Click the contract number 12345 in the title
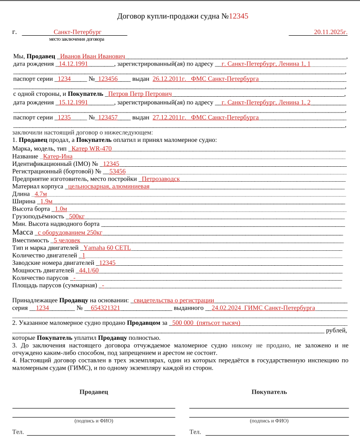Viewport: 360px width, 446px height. pos(238,16)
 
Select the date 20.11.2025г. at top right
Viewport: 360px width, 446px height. pos(331,32)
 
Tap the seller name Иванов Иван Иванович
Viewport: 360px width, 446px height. pos(92,56)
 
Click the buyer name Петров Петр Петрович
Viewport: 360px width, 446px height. pos(140,94)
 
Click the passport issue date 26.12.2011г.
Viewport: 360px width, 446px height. pos(169,79)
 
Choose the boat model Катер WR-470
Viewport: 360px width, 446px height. pos(92,149)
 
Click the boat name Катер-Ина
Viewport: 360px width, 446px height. pos(57,156)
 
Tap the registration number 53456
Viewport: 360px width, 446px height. pos(117,172)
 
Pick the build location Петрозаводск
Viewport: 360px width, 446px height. pos(161,179)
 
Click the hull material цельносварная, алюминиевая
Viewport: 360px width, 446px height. pos(109,187)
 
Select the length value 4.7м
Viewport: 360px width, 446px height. pos(41,194)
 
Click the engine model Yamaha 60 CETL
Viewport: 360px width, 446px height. pos(107,248)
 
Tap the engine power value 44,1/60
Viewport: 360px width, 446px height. pos(89,271)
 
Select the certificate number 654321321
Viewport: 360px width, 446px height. pos(105,308)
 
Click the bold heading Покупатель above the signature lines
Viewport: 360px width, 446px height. pos(269,392)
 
